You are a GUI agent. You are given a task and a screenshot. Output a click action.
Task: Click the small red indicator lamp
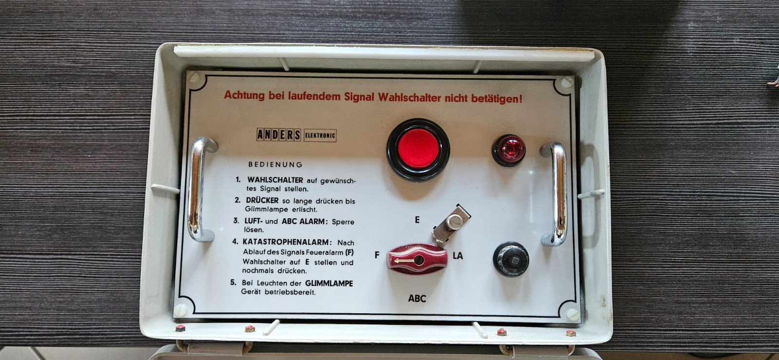point(508,150)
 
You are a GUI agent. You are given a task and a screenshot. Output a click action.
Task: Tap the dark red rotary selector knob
point(417,259)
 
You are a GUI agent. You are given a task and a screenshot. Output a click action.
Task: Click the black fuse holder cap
point(511,259)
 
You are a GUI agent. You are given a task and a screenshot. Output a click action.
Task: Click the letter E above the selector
point(417,220)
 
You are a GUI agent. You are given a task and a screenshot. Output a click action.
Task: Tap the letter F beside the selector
point(377,255)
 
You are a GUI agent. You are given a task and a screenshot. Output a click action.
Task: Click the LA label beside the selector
point(458,256)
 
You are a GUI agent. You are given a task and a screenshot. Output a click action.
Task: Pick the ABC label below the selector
point(417,299)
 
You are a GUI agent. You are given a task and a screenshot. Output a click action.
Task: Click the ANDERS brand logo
point(278,134)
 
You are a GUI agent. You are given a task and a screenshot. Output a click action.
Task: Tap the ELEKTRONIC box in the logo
point(320,135)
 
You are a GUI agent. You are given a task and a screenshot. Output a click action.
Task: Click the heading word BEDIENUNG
point(275,164)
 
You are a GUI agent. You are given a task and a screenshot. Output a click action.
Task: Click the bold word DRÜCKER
point(262,200)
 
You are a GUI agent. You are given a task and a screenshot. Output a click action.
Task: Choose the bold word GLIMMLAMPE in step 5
point(329,284)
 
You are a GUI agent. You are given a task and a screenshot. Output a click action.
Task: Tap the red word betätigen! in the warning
point(497,99)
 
